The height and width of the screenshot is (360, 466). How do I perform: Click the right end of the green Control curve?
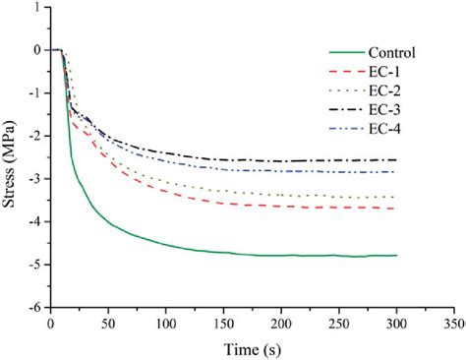click(x=396, y=256)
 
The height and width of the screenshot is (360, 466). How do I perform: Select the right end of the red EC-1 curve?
click(x=396, y=209)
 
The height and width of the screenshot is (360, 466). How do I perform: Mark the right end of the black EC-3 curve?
click(x=396, y=160)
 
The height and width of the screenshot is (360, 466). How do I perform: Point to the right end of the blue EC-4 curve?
click(x=396, y=172)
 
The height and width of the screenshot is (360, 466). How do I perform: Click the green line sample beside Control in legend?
click(x=345, y=52)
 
